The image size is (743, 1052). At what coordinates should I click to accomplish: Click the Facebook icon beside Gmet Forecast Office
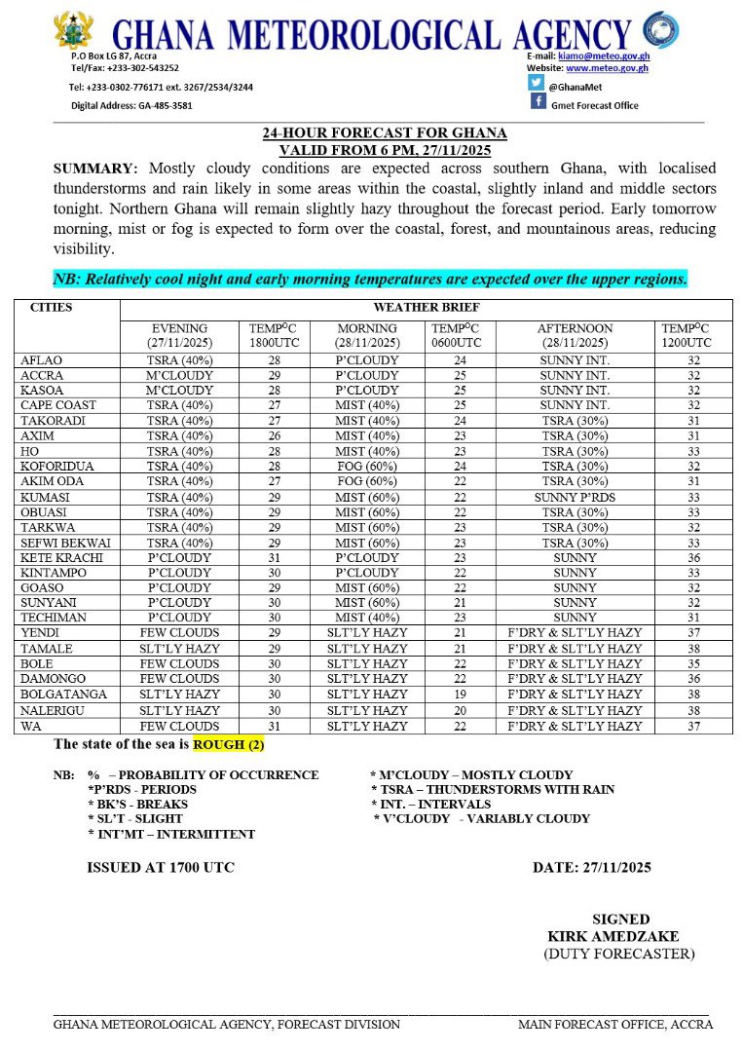point(538,102)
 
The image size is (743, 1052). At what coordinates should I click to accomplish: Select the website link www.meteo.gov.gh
point(607,68)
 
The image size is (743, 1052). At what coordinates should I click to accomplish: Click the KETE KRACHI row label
point(57,557)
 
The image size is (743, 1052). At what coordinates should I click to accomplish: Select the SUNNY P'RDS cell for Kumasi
point(572,497)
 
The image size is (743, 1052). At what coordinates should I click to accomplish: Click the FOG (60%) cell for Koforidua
point(367,467)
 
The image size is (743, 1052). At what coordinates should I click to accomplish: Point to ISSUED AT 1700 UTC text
point(161,867)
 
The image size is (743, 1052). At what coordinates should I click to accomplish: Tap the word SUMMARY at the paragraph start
point(94,169)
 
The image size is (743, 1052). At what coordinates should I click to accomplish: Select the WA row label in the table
point(29,726)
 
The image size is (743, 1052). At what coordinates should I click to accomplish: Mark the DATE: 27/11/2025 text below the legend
point(591,867)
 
